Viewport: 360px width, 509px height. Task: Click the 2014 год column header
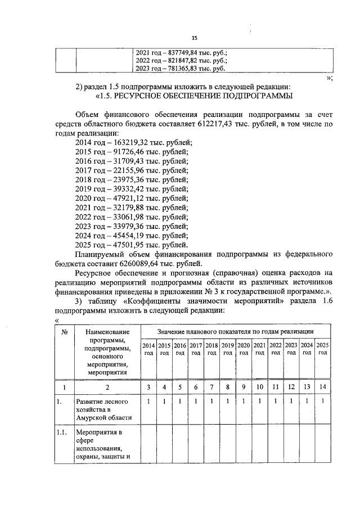click(148, 348)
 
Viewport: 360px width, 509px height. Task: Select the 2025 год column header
click(322, 348)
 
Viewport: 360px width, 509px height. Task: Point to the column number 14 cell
click(322, 387)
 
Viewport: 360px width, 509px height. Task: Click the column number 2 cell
click(106, 387)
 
